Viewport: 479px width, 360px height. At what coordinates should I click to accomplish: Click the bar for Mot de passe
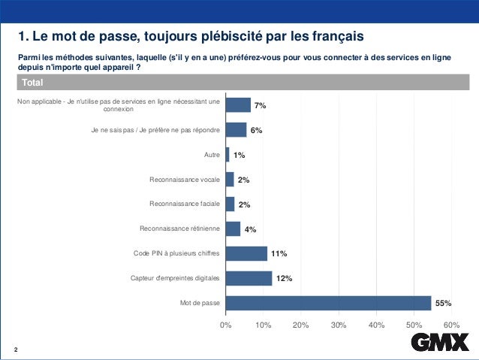[x=328, y=303]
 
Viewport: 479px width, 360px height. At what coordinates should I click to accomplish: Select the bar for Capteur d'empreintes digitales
[x=249, y=278]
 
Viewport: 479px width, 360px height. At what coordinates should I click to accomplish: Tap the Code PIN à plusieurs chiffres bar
[x=246, y=253]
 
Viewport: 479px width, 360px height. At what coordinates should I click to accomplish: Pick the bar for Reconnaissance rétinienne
[x=233, y=228]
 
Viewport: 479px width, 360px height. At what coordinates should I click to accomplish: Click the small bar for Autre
[x=227, y=155]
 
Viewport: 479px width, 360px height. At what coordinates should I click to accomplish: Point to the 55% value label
[x=443, y=304]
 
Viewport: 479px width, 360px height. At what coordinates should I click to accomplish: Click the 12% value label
[x=284, y=279]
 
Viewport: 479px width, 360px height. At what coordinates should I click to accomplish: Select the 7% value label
[x=260, y=106]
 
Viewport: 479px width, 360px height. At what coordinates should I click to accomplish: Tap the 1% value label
[x=239, y=156]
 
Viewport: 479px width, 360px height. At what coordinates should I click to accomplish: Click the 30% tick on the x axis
[x=339, y=324]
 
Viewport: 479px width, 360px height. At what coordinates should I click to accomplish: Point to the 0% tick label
[x=225, y=324]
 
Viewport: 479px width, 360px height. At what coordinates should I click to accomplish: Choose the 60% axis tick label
[x=452, y=324]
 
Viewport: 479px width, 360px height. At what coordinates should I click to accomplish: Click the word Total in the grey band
[x=32, y=82]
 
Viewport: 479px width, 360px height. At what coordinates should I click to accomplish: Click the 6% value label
[x=256, y=131]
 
